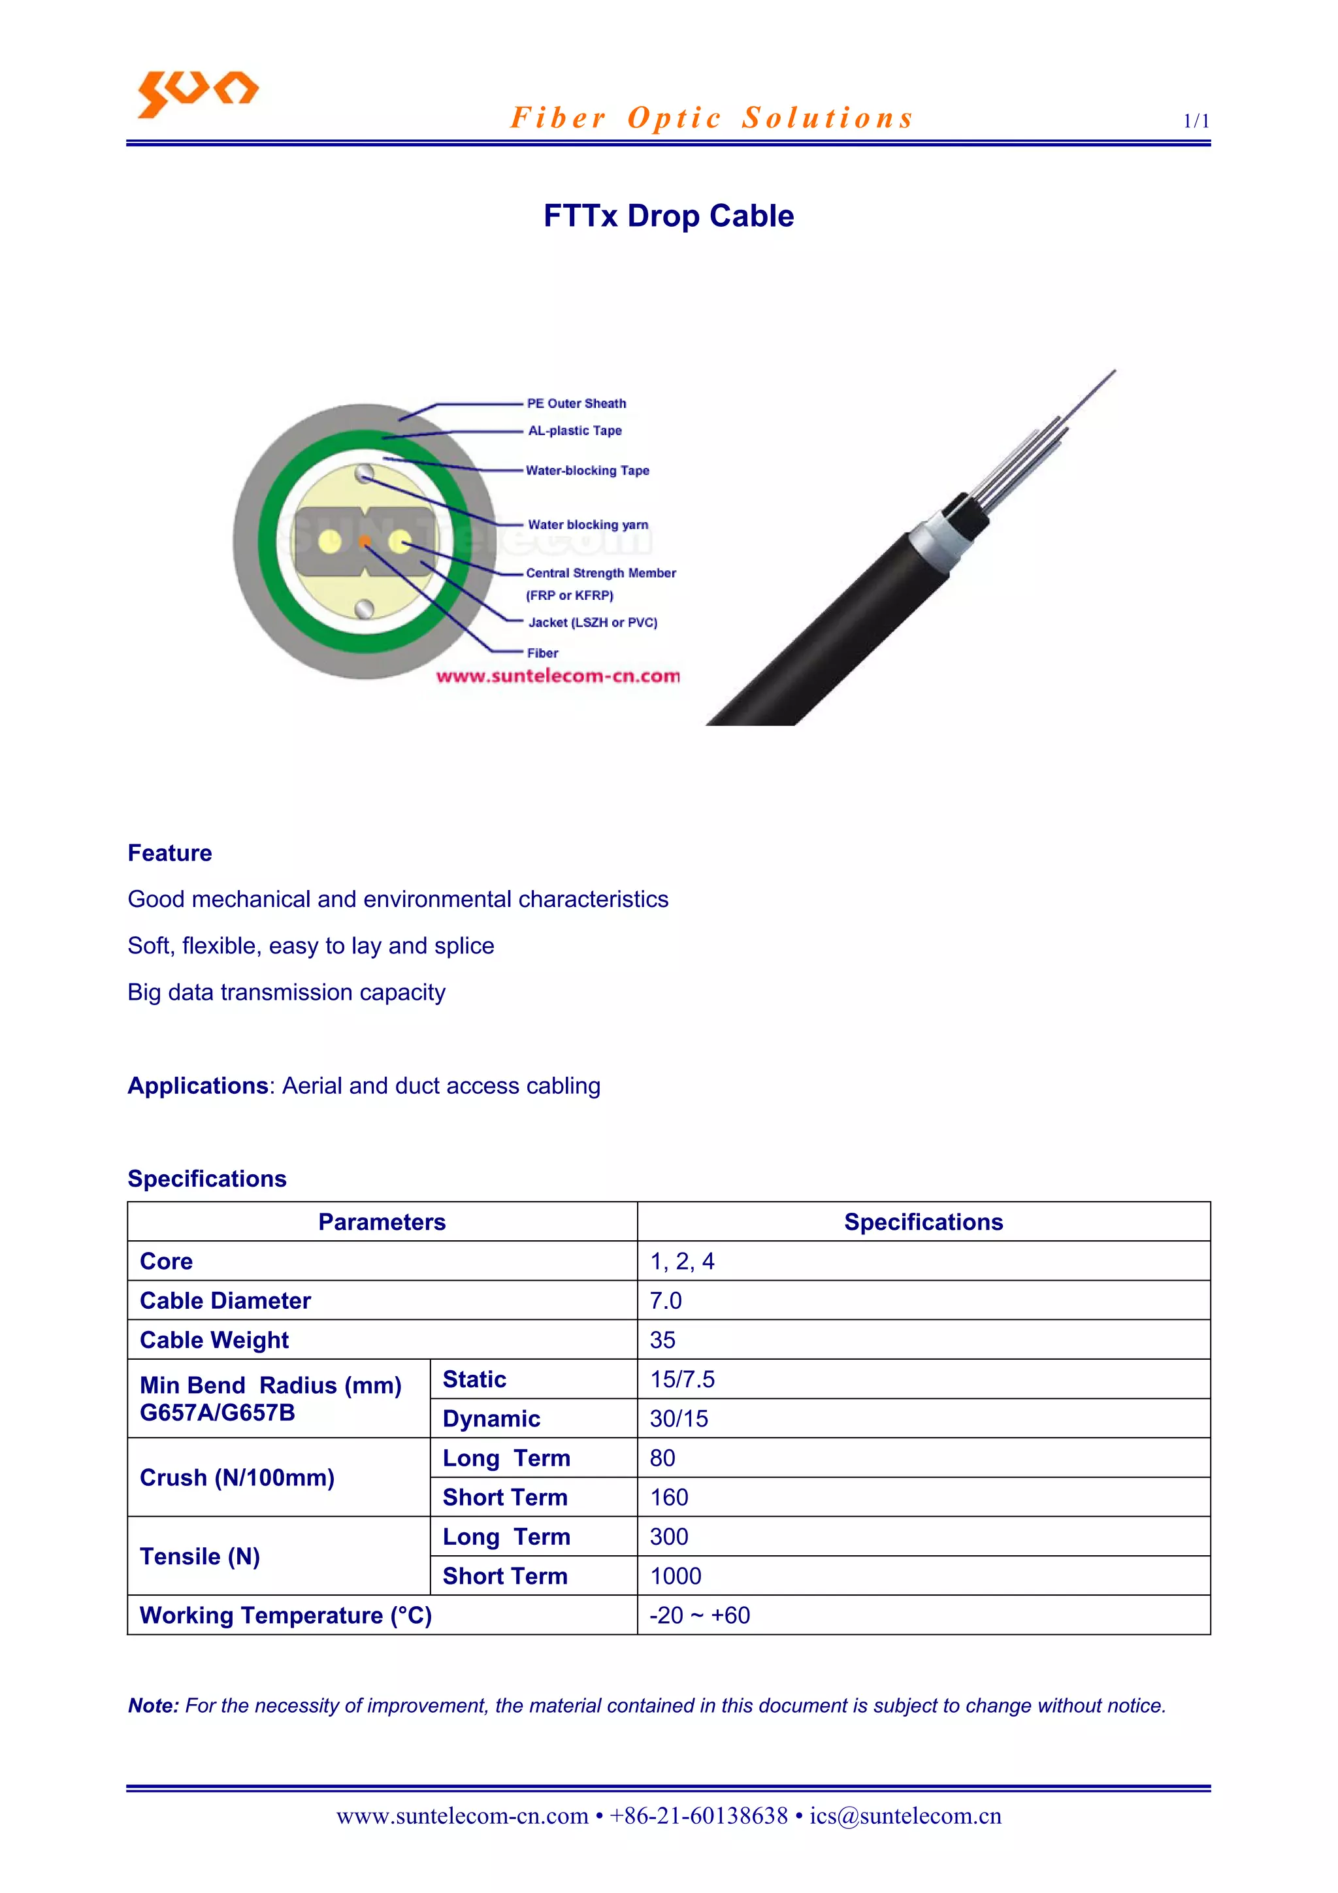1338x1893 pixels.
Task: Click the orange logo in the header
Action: click(197, 92)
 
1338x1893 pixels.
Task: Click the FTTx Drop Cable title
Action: click(668, 216)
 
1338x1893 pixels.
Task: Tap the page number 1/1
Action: click(1196, 121)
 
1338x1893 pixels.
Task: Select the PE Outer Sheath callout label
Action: click(576, 403)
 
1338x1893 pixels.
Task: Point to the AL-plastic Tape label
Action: click(575, 431)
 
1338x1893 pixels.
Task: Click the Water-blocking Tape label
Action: click(587, 470)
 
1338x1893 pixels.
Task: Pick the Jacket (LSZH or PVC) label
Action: click(592, 623)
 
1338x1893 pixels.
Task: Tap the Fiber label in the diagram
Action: click(542, 653)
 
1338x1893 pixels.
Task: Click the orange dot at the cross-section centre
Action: click(365, 542)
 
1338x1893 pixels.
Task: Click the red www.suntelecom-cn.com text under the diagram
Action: click(557, 676)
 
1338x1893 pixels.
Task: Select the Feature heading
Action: click(170, 853)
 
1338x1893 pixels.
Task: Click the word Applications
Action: click(198, 1086)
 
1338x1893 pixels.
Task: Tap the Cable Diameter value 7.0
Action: click(665, 1300)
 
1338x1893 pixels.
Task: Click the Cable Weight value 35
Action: click(662, 1340)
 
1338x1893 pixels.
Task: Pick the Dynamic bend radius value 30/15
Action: click(679, 1419)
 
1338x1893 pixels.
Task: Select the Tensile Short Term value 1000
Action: click(675, 1576)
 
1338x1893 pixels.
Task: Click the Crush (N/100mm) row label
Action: click(237, 1477)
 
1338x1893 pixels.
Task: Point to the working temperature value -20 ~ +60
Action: click(699, 1615)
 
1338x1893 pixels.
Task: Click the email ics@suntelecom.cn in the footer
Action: click(906, 1817)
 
